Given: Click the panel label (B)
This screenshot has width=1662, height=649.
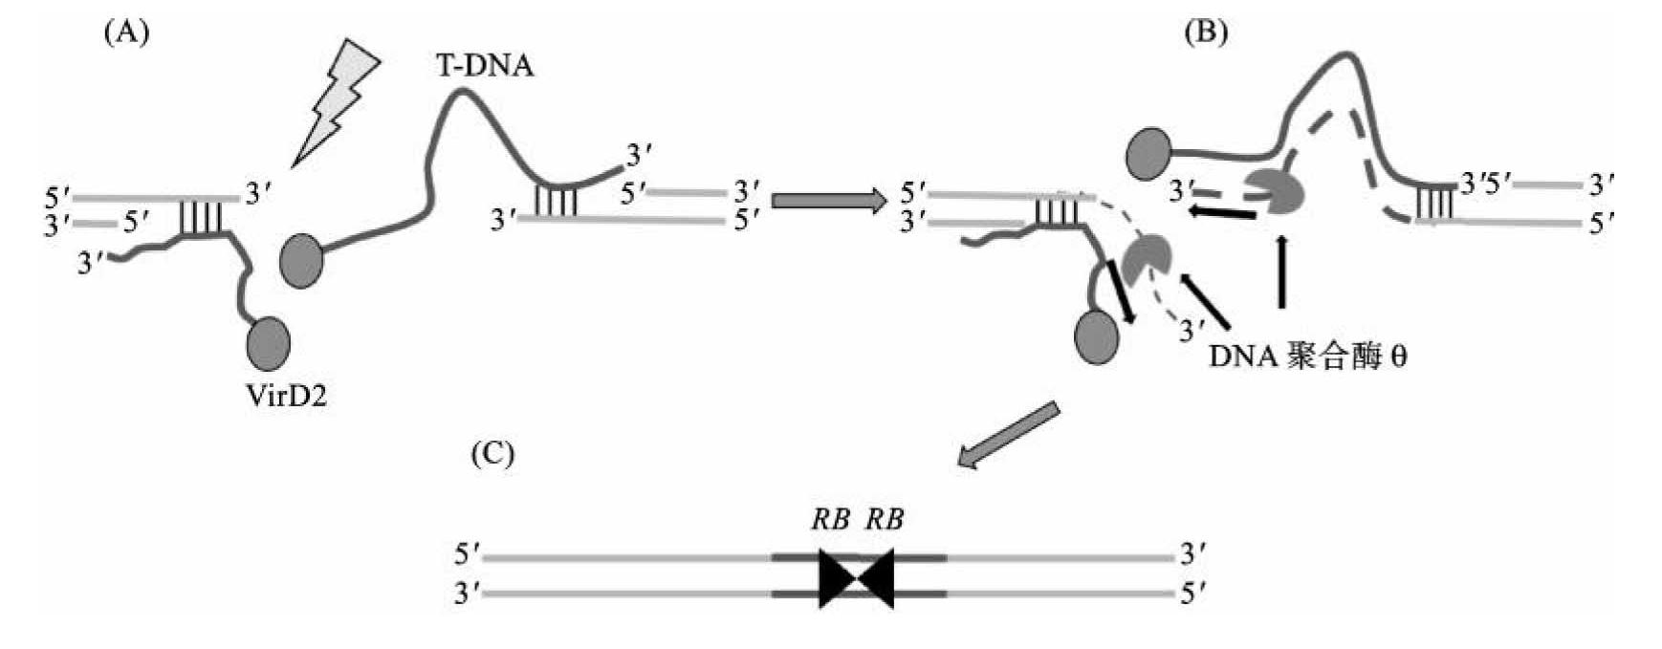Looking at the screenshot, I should tap(1205, 32).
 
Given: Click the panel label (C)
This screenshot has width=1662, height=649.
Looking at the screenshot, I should tap(492, 454).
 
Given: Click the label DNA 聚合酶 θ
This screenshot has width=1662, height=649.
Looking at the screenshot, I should tap(1307, 357).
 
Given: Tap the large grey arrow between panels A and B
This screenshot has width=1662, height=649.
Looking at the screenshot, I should tap(829, 202).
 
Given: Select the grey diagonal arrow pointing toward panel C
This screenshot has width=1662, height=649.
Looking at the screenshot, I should tap(1009, 436).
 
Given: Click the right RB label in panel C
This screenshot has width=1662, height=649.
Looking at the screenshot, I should tap(886, 519).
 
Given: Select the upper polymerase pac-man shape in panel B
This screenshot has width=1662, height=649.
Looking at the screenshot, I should tap(1277, 191).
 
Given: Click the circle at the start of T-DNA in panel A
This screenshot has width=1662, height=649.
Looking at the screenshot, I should tap(301, 259).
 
